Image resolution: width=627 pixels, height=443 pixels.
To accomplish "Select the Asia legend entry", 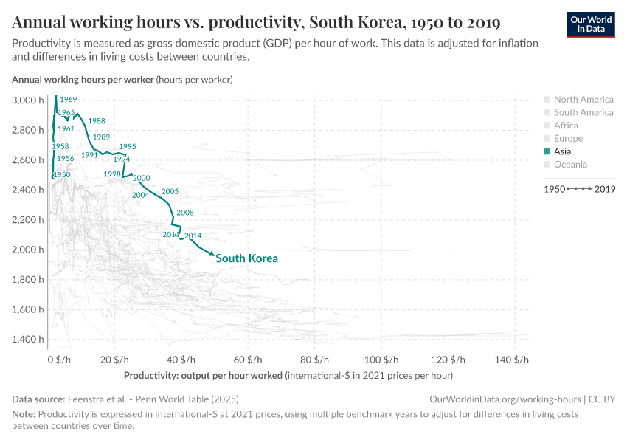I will (567, 151).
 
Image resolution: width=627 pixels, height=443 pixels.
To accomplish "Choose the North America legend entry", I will (583, 100).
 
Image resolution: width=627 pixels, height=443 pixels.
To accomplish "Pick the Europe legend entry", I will (568, 139).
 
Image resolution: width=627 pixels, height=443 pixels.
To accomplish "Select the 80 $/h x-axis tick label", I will (315, 360).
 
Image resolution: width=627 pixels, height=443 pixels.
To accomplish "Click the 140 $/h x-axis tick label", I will (512, 360).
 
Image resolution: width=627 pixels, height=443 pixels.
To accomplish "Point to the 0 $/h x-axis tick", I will (59, 360).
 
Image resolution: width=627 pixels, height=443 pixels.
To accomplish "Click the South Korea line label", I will (246, 258).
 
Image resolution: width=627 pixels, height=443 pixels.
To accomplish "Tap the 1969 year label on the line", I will (68, 99).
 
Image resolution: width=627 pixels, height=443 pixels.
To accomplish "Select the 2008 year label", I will (185, 213).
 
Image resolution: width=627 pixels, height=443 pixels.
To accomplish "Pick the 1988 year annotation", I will (97, 121).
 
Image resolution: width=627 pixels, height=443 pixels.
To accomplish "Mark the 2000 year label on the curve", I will (142, 178).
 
